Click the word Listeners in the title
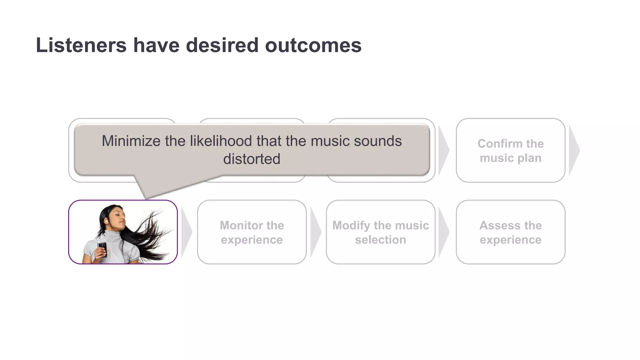pos(81,45)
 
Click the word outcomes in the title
pos(313,45)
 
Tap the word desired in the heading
pos(222,45)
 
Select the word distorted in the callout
pos(252,159)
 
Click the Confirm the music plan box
pos(510,150)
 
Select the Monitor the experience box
pos(252,232)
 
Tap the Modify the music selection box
pos(380,232)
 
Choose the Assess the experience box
pos(510,232)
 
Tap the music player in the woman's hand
pos(102,248)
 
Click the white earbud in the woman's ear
pos(107,221)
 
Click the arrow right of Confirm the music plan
pos(574,150)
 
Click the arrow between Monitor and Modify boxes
pos(316,232)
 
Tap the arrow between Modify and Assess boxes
pos(444,232)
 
